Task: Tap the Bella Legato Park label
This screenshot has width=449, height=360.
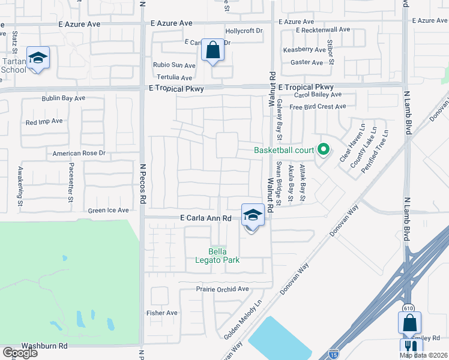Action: [224, 256]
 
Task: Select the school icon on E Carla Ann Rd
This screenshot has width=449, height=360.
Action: [253, 215]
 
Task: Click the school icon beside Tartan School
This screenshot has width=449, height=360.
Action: [38, 58]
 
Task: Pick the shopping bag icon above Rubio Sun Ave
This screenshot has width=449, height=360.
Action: [212, 50]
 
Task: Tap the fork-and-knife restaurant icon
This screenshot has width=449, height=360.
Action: [411, 347]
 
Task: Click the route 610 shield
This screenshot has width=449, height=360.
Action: [409, 308]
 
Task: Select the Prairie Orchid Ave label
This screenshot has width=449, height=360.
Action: [222, 289]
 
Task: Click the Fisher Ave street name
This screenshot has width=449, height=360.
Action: [162, 313]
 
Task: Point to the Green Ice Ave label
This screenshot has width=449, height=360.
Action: [109, 211]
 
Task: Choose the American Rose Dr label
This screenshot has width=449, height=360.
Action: [79, 153]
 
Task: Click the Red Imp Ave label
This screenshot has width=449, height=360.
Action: [44, 121]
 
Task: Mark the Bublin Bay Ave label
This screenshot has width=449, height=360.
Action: [63, 98]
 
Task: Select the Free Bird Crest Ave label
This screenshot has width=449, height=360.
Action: [318, 107]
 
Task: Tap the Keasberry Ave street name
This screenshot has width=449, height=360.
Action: [304, 50]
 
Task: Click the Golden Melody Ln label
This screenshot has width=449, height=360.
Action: [243, 317]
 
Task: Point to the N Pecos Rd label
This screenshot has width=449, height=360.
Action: [143, 180]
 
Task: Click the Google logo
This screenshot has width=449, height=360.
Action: [20, 353]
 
